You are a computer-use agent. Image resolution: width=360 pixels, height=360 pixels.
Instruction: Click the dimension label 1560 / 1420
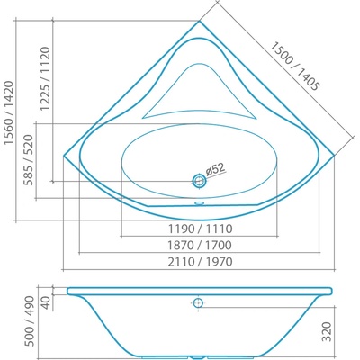pyautogui.click(x=9, y=112)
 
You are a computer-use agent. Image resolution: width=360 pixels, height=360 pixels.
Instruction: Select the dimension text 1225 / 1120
pyautogui.click(x=46, y=79)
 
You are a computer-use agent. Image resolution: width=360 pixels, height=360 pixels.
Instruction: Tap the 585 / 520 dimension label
pyautogui.click(x=29, y=160)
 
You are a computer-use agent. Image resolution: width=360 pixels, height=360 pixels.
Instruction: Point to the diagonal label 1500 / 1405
pyautogui.click(x=294, y=67)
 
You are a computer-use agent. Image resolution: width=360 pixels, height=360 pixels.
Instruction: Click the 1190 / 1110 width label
pyautogui.click(x=200, y=229)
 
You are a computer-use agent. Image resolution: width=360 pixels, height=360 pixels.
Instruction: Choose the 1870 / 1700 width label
pyautogui.click(x=200, y=246)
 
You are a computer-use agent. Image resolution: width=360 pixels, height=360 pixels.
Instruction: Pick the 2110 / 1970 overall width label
pyautogui.click(x=200, y=262)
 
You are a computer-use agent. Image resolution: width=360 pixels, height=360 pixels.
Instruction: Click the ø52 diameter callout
pyautogui.click(x=215, y=169)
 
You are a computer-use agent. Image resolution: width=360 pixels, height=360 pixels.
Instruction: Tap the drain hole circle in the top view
pyautogui.click(x=199, y=181)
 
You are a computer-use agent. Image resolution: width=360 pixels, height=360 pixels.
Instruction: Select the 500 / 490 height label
pyautogui.click(x=30, y=321)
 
